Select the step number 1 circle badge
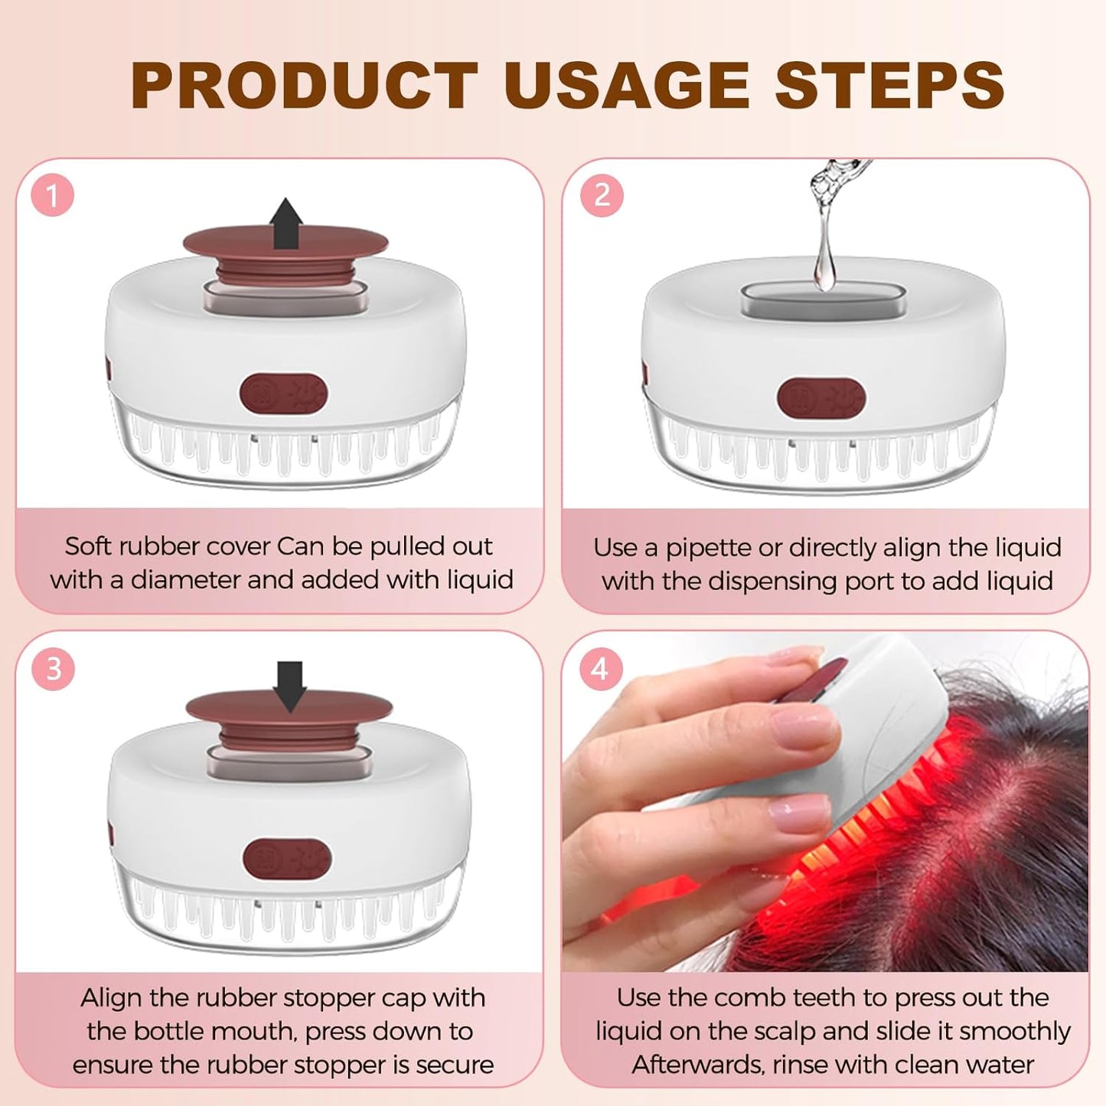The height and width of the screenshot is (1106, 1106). pos(52,196)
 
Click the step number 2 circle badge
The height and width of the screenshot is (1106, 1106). pos(602,196)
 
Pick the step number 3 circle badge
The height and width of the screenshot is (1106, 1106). pos(53,669)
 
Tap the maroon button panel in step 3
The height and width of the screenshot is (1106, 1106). pos(287,858)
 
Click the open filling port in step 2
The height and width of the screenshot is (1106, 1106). pos(823,298)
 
